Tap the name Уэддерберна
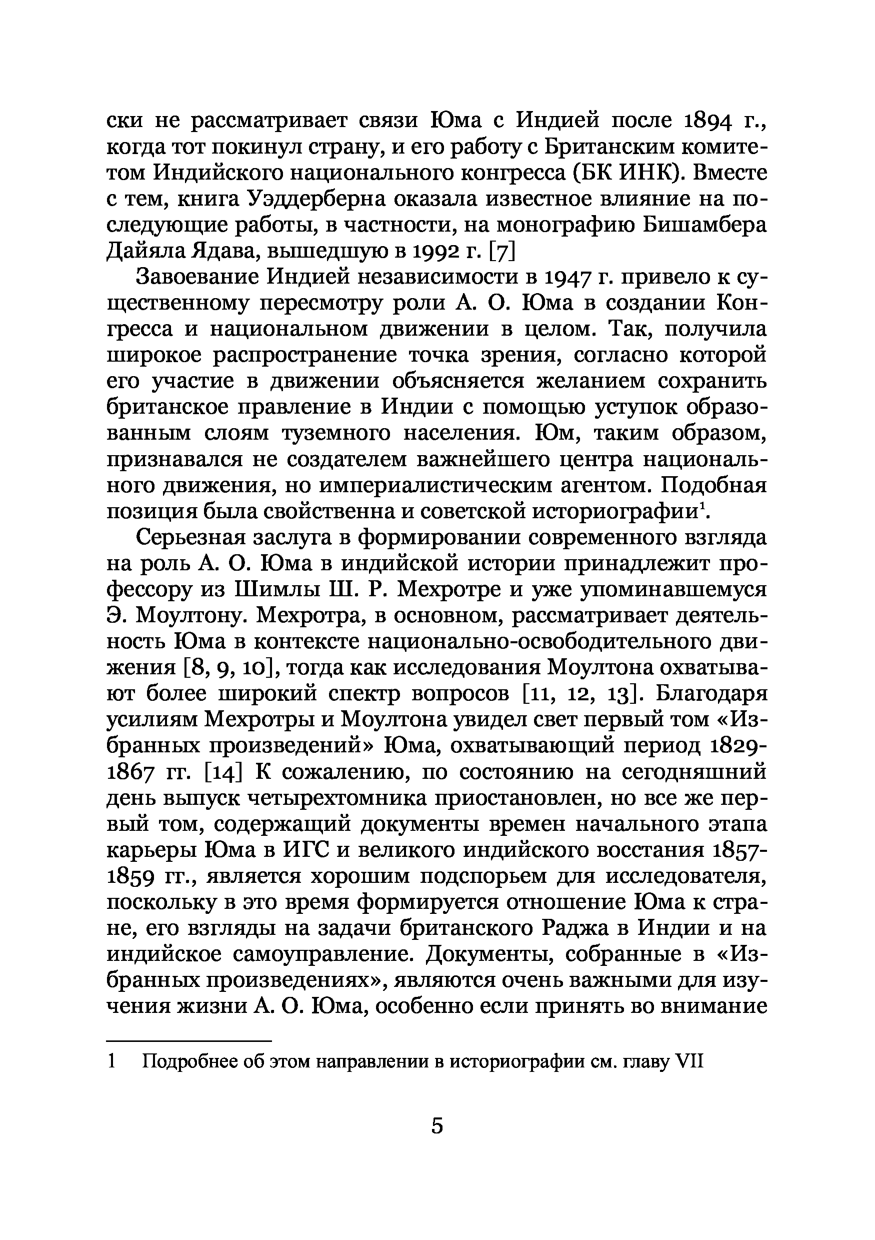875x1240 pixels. tap(318, 199)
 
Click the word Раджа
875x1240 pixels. tap(584, 928)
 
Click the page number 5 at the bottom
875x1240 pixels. tap(437, 1125)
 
